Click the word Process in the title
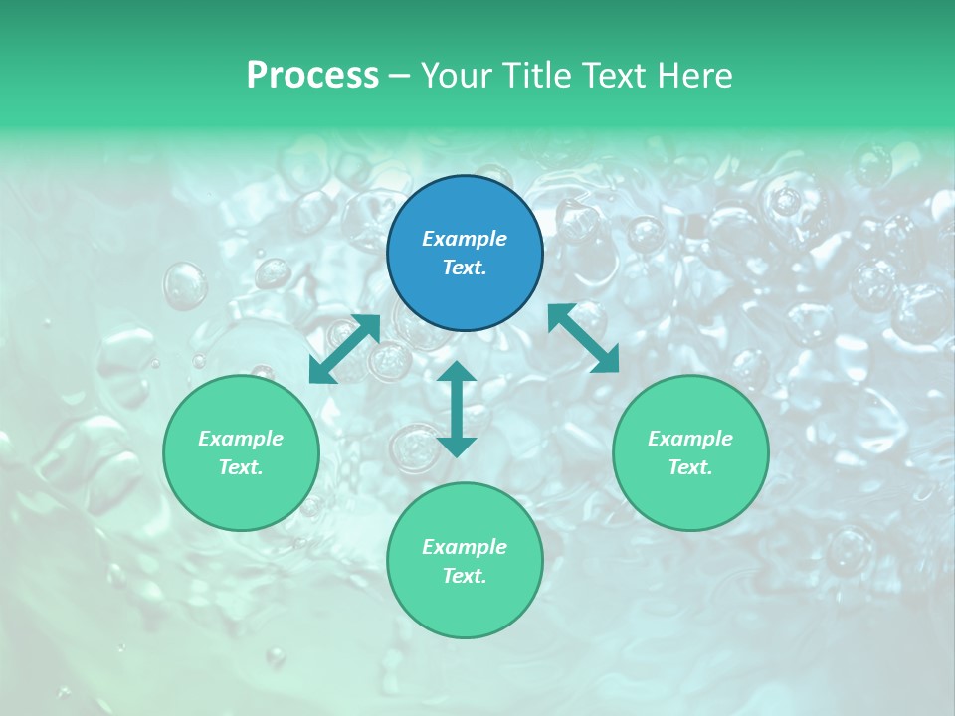pos(312,76)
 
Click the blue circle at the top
pos(465,254)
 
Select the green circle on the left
pos(241,452)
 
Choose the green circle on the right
pos(690,452)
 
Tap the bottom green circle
pos(465,561)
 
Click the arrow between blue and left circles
pos(345,349)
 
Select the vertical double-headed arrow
pos(457,409)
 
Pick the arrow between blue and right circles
pos(584,338)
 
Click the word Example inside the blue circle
pos(465,239)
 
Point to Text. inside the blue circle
pos(465,268)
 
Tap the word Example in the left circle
pos(241,439)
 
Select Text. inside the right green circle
pos(690,467)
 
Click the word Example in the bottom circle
pos(465,547)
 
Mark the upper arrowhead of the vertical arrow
pos(457,373)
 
